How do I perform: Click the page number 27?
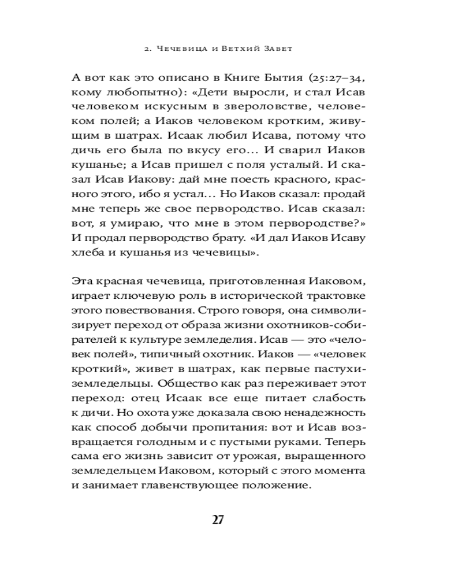tap(218, 518)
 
